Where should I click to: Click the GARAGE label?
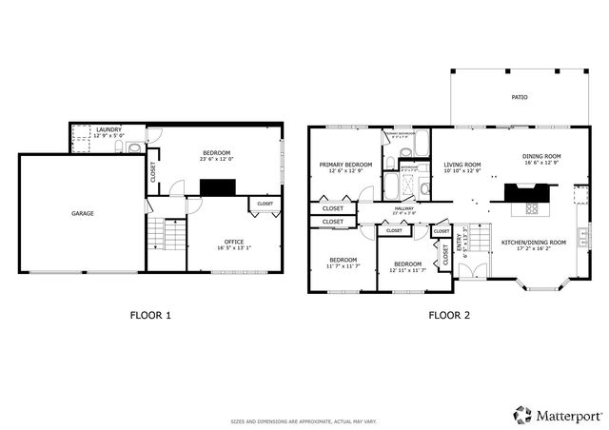[82, 214]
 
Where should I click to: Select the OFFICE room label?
[221, 242]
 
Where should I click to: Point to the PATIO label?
[519, 97]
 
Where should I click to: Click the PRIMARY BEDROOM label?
[344, 164]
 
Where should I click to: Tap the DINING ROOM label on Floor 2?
[541, 157]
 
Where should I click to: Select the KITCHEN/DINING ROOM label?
[533, 243]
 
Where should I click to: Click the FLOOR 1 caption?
[150, 315]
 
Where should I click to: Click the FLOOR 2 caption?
[449, 315]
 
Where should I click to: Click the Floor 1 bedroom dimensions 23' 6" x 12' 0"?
[216, 159]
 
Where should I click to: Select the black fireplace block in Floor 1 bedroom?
[222, 187]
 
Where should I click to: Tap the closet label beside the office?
[265, 204]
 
